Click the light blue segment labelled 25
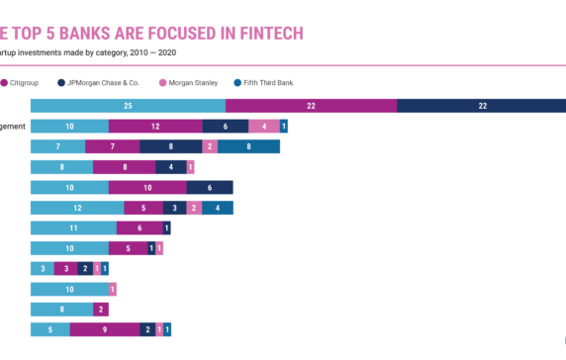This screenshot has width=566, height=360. pyautogui.click(x=128, y=106)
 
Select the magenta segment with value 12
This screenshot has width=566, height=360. pyautogui.click(x=155, y=127)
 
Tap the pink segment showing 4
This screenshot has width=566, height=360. pyautogui.click(x=263, y=127)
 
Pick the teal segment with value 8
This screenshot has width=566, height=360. pyautogui.click(x=248, y=146)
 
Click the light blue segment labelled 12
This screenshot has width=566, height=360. pyautogui.click(x=77, y=208)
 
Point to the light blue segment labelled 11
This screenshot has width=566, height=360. pyautogui.click(x=73, y=227)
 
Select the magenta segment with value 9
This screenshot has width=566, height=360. pyautogui.click(x=104, y=329)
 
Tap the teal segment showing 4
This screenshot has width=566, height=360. pyautogui.click(x=218, y=208)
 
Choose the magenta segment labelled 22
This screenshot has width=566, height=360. pyautogui.click(x=311, y=106)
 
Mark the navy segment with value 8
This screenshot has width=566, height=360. pyautogui.click(x=170, y=146)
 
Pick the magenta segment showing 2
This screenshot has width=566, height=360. pyautogui.click(x=100, y=309)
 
